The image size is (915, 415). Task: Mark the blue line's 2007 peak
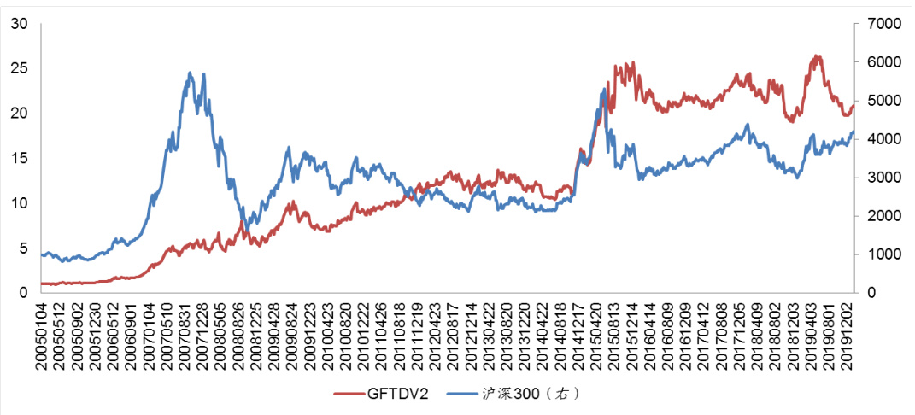tap(191, 73)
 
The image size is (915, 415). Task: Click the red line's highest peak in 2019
tap(817, 56)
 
